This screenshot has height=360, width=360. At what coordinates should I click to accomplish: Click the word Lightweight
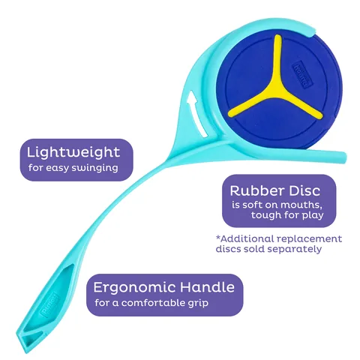click(73, 152)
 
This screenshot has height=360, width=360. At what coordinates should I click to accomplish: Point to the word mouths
click(301, 205)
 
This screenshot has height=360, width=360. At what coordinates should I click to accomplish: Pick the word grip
click(198, 304)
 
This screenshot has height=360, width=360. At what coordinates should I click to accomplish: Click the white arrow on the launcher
click(196, 114)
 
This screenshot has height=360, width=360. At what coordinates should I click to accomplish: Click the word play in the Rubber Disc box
click(313, 216)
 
